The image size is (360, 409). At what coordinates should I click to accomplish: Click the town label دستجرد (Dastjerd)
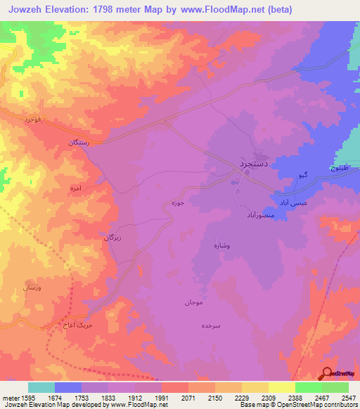pos(250,162)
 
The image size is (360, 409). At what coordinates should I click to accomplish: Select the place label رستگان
pos(77,142)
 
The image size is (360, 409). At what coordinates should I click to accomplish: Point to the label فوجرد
pos(33,119)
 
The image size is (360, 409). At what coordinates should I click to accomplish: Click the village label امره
pos(77,189)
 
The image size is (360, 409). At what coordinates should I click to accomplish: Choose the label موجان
pos(195,302)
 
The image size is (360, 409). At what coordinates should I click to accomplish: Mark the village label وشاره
pos(222,246)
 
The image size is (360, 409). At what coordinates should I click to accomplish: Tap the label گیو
pos(303,174)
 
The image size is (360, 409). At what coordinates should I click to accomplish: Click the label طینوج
pos(340,169)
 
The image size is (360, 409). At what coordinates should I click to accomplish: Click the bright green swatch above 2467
pos(308,387)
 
